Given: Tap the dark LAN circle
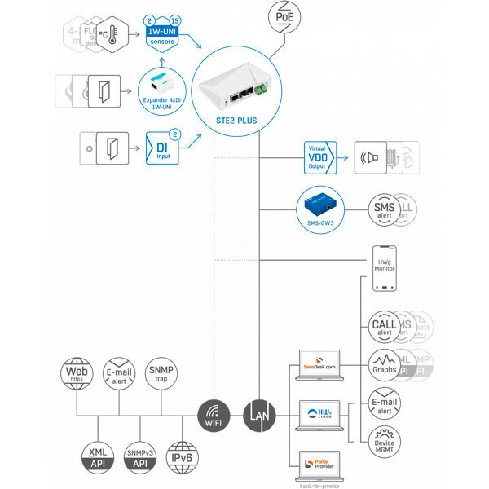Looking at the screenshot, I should point(260,415).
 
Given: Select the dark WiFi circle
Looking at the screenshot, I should point(214,415).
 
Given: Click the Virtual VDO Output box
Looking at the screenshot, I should point(317,154).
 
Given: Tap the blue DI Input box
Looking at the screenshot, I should point(162,149).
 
